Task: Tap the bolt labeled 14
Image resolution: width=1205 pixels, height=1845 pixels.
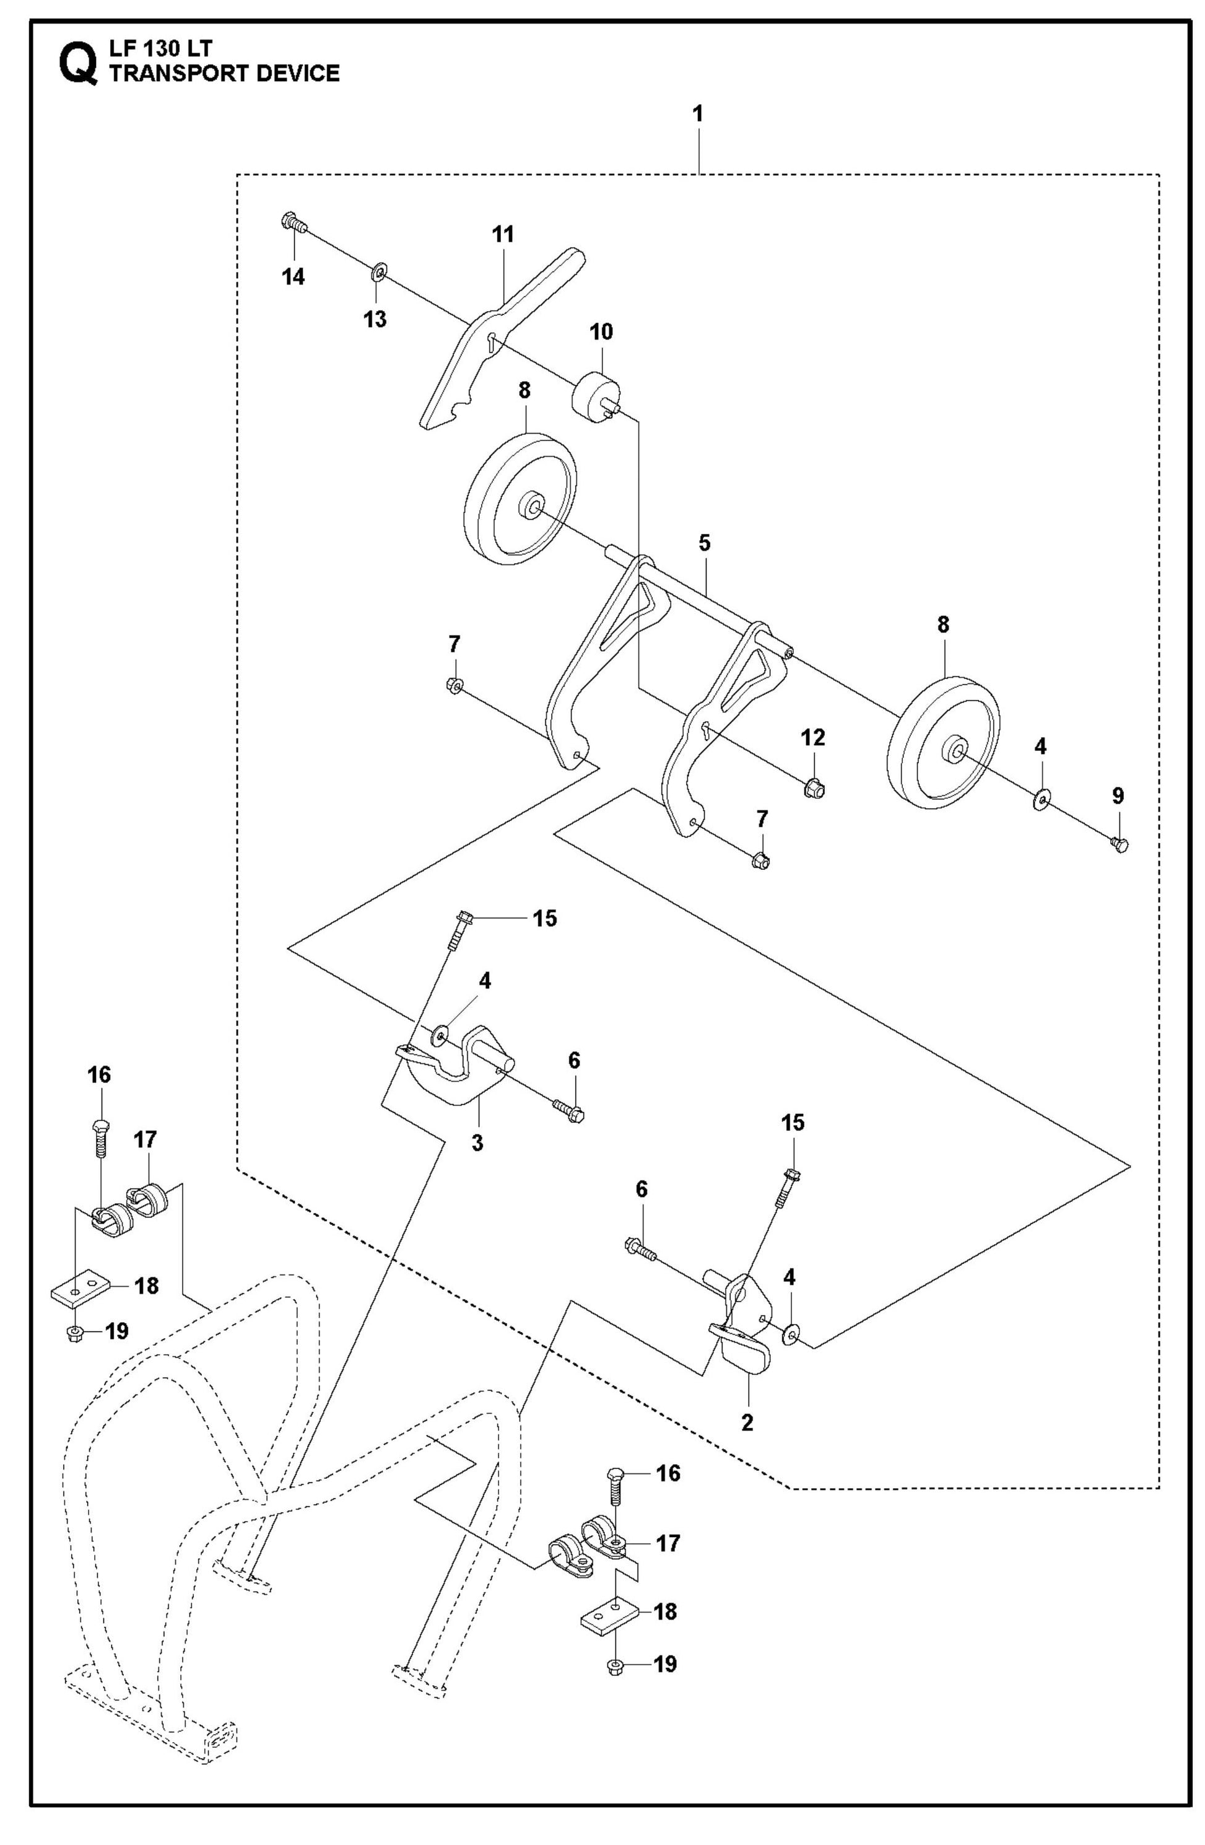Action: point(292,222)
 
